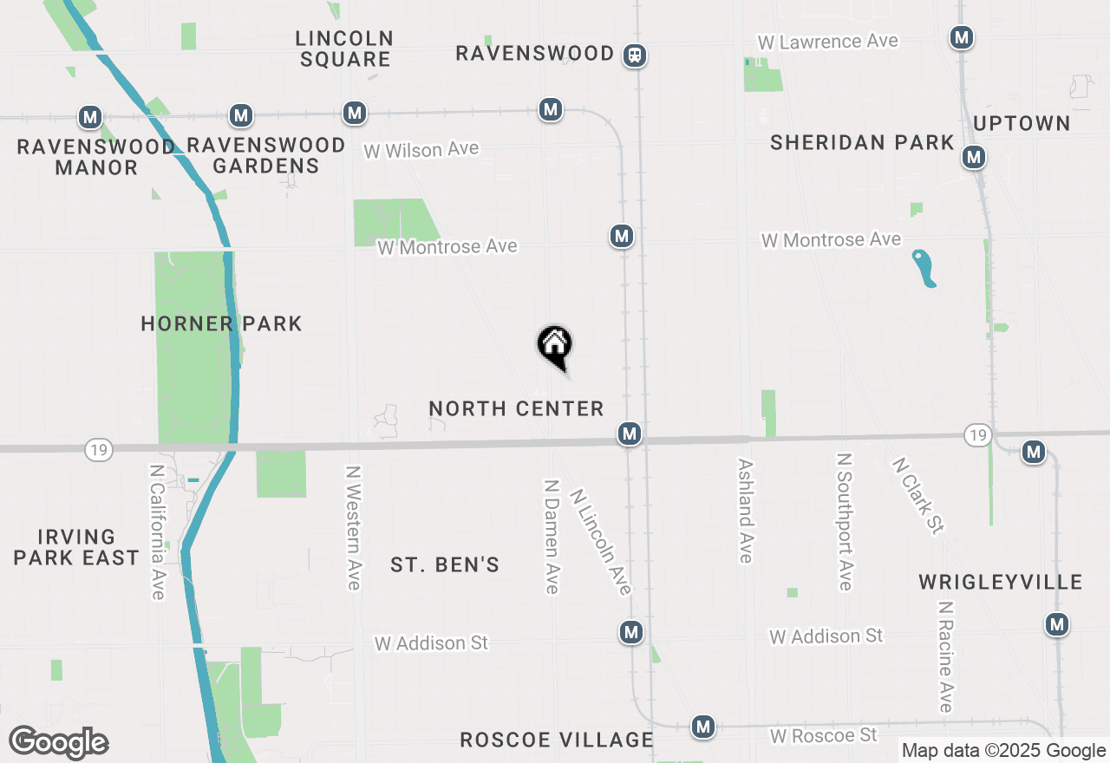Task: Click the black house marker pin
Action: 555,345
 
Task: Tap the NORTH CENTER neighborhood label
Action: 516,408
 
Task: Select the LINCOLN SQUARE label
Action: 344,49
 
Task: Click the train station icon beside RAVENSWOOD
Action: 636,55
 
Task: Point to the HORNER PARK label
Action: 221,324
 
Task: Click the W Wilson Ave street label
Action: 421,150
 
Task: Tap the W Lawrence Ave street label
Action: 827,42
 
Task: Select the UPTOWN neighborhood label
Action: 1022,123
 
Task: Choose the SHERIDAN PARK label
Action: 862,143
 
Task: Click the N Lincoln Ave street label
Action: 600,542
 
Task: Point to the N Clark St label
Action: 917,495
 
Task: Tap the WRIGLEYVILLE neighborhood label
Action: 1001,582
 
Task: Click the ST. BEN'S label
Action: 445,565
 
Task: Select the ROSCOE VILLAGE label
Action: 557,740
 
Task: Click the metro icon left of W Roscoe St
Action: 703,727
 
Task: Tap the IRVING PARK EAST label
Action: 76,547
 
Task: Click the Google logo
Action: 58,743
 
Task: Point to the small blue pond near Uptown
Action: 924,268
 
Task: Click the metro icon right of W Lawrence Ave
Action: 961,37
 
